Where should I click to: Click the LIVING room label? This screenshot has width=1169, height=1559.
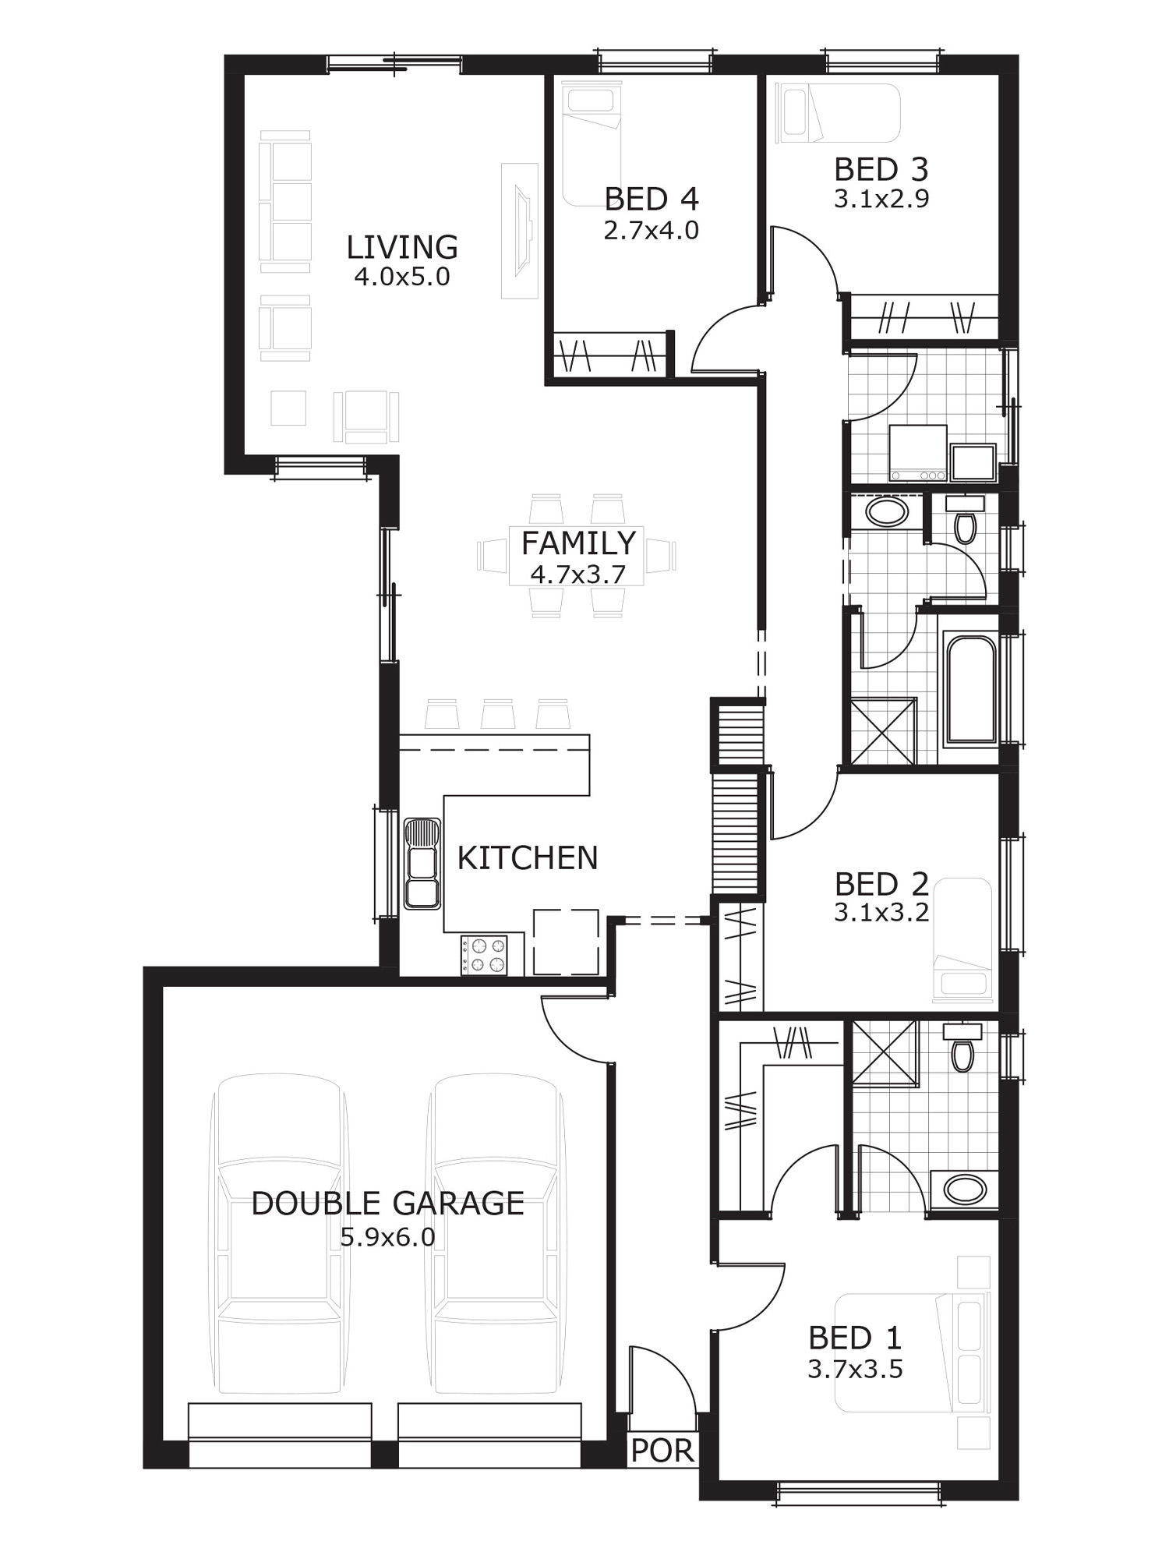pos(401,247)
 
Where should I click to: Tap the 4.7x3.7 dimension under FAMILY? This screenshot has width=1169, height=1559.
pos(577,574)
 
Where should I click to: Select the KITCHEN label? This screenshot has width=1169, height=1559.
pos(528,858)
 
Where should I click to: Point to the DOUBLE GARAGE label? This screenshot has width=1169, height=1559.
pos(387,1204)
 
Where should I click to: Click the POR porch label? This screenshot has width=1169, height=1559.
pos(662,1451)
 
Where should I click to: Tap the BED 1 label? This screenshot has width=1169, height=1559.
pos(855,1338)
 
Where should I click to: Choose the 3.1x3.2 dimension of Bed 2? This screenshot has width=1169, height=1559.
pos(881,913)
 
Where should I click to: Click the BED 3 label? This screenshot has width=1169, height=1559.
pos(881,169)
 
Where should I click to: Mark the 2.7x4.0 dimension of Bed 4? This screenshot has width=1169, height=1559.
pos(651,231)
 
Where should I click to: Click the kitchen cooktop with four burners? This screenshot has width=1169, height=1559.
pos(484,955)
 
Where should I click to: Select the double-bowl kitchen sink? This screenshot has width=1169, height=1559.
pos(422,863)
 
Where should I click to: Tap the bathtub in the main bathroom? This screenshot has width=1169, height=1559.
pos(970,691)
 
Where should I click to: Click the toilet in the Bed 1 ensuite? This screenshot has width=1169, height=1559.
pos(962,1048)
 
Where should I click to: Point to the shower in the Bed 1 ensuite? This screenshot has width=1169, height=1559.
pos(885,1052)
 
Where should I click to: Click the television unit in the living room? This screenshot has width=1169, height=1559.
pos(520,231)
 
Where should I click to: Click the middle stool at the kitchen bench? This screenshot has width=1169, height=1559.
pos(497,714)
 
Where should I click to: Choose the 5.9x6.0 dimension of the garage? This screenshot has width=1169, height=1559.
pos(387,1238)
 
